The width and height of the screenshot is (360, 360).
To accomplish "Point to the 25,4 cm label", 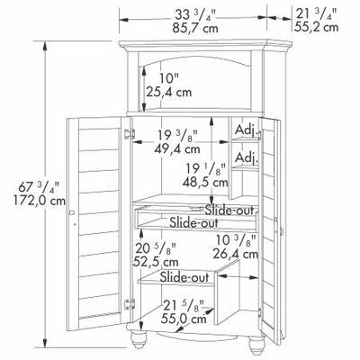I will click(x=169, y=92).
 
